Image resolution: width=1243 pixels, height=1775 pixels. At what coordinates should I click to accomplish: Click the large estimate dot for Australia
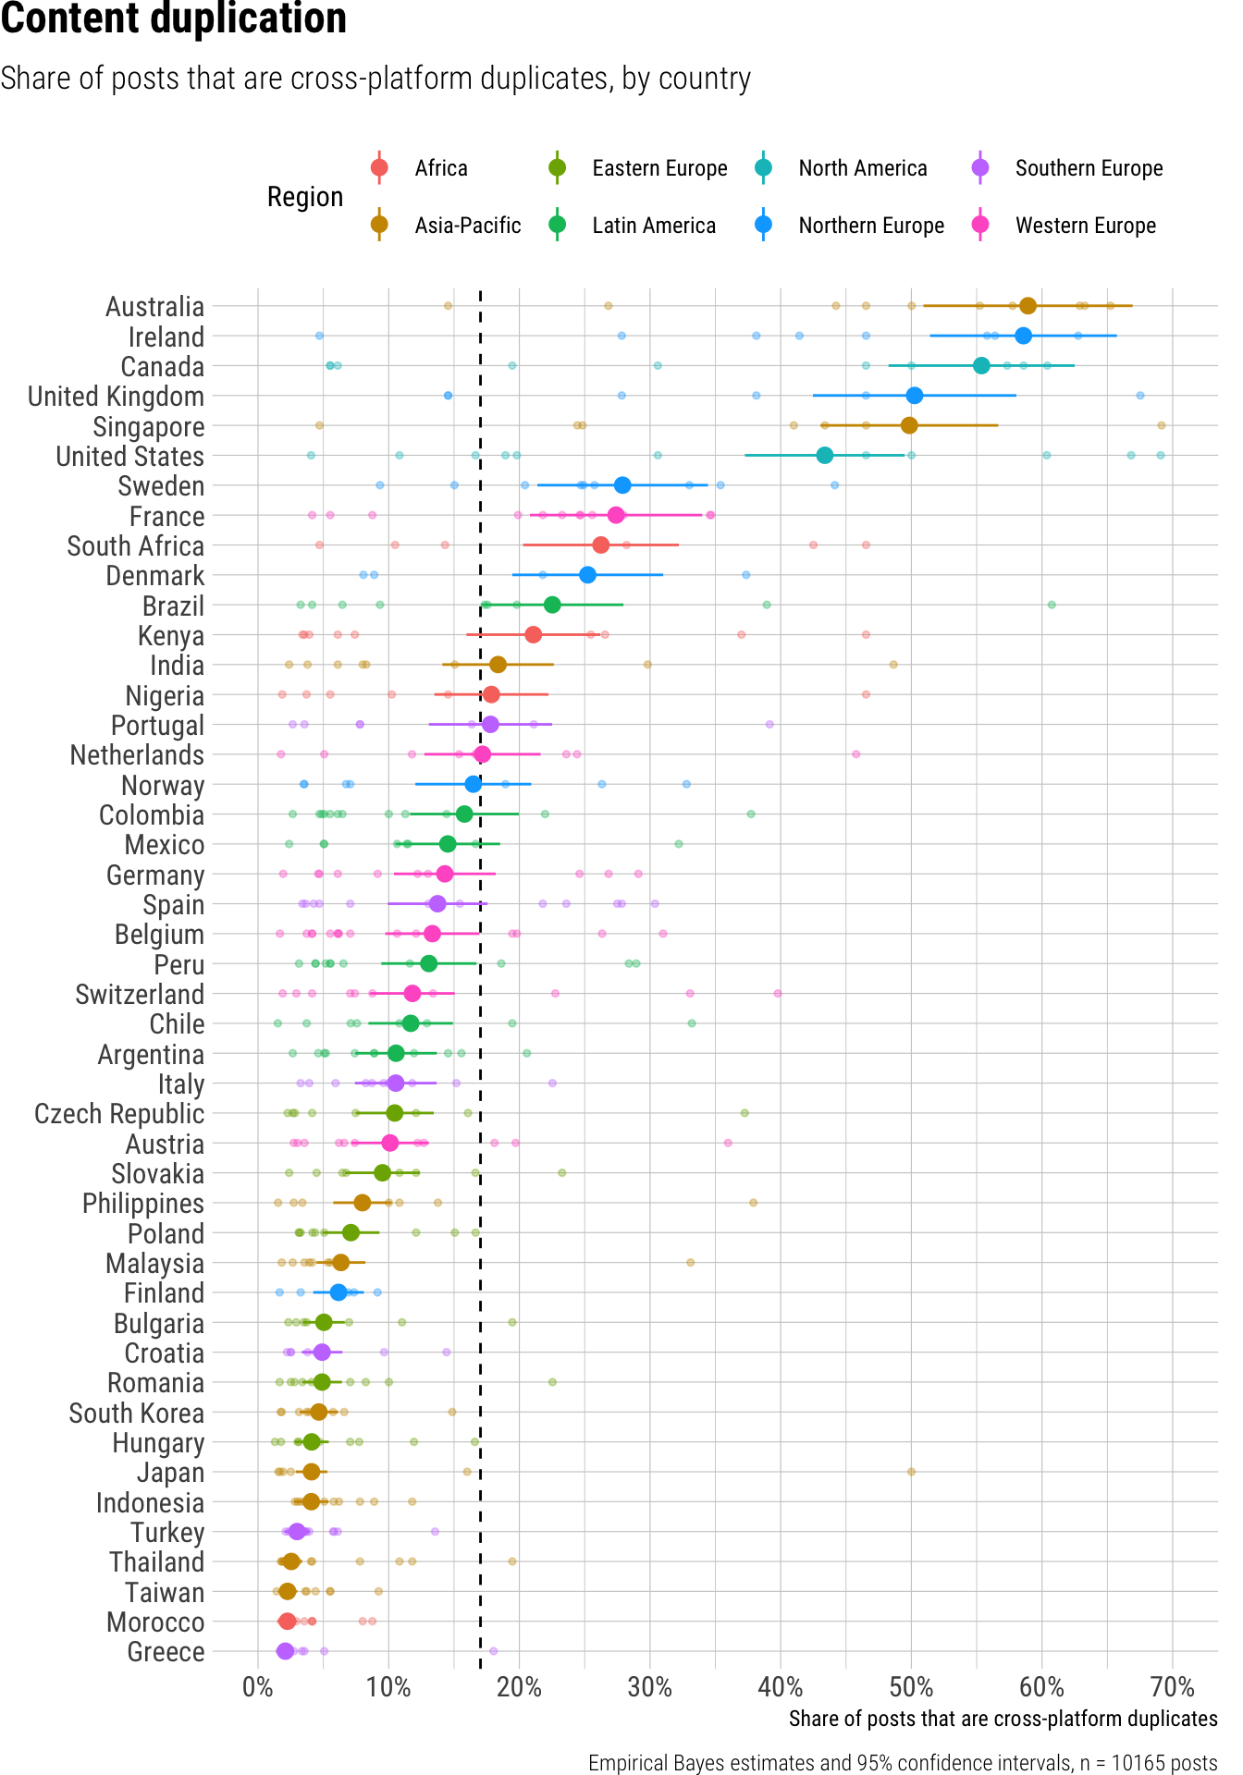tap(1028, 306)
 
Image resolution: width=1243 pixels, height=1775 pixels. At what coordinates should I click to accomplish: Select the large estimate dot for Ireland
tap(1023, 336)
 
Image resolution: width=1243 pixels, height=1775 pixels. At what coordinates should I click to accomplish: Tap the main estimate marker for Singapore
tap(909, 425)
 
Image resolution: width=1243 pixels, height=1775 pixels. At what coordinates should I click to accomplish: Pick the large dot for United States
tap(825, 455)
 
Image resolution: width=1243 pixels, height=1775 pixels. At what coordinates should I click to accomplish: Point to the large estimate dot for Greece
tap(285, 1651)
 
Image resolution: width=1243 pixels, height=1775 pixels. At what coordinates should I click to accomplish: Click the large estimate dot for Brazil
tap(552, 605)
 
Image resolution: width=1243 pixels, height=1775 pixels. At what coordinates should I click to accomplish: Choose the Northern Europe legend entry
tap(871, 226)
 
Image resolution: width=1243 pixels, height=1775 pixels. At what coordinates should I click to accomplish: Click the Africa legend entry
tap(440, 168)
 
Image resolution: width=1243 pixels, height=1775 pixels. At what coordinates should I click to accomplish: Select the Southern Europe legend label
tap(1089, 168)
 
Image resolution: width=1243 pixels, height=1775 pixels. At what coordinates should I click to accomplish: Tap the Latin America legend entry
tap(653, 226)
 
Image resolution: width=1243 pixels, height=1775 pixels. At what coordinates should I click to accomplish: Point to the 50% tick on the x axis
tap(911, 1687)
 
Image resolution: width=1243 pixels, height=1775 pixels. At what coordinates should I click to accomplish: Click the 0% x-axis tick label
tap(257, 1687)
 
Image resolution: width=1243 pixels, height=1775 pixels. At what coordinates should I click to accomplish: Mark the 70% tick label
tap(1173, 1687)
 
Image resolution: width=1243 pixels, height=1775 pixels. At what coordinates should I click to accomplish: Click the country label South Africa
tap(136, 545)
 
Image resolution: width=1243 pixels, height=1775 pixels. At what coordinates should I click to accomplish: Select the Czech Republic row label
tap(119, 1114)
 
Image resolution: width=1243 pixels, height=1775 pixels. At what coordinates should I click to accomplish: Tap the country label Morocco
tap(155, 1622)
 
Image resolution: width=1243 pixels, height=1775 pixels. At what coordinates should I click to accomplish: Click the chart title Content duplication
tap(174, 18)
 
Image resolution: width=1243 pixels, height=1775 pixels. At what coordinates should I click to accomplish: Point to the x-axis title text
tap(1003, 1719)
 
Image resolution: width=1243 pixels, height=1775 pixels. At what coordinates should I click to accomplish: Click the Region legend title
tap(305, 197)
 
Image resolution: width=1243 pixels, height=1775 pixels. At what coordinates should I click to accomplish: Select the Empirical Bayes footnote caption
tap(903, 1763)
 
